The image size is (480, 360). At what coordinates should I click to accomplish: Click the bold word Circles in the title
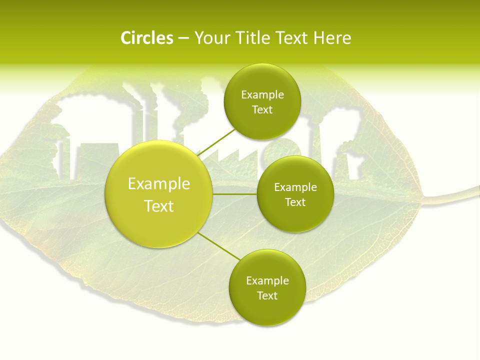click(x=146, y=38)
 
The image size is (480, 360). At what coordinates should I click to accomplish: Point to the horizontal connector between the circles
click(x=235, y=194)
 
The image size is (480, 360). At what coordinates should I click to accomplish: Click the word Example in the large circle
click(x=159, y=184)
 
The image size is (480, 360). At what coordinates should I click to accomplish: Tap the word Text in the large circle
click(x=159, y=206)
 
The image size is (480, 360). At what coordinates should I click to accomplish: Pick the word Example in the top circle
click(x=262, y=95)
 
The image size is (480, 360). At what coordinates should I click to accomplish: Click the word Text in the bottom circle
click(x=267, y=296)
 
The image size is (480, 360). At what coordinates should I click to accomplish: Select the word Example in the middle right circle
click(x=295, y=187)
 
